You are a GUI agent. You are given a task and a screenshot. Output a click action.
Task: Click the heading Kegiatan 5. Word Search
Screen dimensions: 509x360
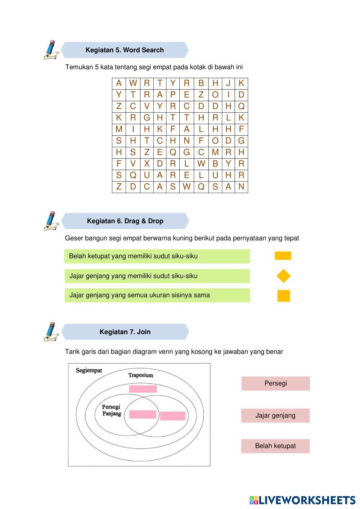[x=125, y=50]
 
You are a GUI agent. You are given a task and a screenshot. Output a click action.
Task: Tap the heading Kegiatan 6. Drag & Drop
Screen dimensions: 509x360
[x=125, y=221]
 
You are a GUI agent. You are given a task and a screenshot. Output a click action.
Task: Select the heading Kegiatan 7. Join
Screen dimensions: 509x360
[x=125, y=332]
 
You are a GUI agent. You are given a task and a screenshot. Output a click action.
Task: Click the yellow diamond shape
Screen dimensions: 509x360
[x=283, y=276]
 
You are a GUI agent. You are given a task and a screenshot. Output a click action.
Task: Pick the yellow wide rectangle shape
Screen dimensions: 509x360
[x=283, y=256]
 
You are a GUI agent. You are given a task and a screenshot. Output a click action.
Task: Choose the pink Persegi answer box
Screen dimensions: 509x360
[x=275, y=383]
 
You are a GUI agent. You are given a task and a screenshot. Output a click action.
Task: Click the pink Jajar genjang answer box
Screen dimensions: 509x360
[x=275, y=415]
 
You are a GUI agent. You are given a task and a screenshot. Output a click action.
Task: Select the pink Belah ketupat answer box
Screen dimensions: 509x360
[x=275, y=446]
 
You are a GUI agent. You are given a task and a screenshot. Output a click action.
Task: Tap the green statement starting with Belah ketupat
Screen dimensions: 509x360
[x=157, y=256]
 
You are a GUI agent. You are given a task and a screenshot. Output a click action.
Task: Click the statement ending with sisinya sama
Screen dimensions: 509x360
[x=157, y=295]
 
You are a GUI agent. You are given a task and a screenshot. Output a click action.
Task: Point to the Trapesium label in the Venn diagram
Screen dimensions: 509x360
[x=141, y=375]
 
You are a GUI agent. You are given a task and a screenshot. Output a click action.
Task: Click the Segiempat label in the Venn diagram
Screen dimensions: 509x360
[x=89, y=370]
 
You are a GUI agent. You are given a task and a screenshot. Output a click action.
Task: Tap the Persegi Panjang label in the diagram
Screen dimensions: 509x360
[x=111, y=410]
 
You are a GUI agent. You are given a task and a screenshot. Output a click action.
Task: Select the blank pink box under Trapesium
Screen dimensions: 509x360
[x=143, y=389]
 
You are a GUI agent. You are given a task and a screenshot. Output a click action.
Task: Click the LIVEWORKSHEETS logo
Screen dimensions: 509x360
[x=302, y=500]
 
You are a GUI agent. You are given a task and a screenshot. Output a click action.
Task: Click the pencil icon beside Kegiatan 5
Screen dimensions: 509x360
[x=51, y=50]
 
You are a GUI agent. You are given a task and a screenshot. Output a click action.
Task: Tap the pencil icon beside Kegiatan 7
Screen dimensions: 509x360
[x=51, y=332]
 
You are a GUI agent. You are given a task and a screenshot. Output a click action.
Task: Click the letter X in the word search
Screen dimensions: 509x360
[x=147, y=164]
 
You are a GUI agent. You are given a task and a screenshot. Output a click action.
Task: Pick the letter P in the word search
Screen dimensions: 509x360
[x=173, y=95]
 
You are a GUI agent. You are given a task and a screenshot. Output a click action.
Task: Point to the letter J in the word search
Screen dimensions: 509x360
[x=228, y=83]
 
